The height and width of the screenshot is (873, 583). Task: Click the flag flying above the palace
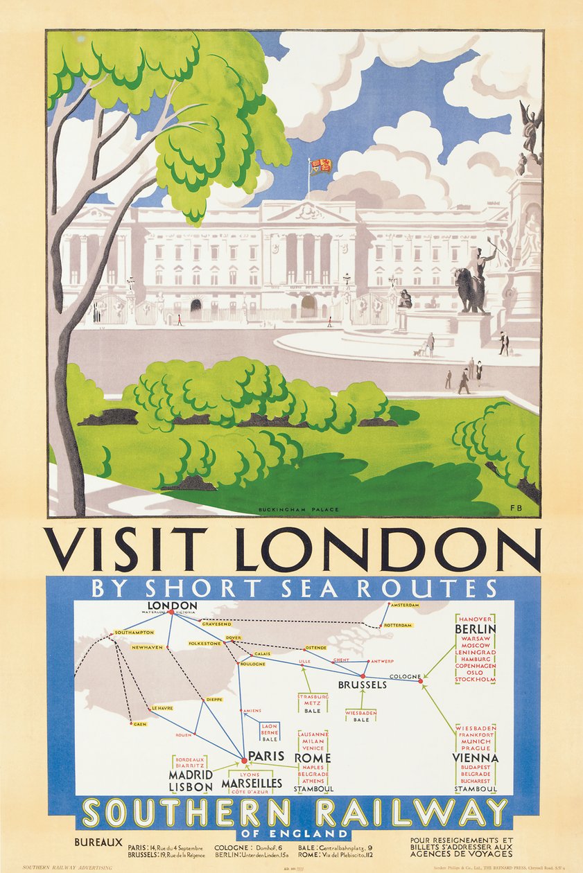point(321,166)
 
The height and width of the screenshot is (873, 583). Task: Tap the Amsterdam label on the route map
point(406,605)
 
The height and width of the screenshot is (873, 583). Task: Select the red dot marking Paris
point(244,760)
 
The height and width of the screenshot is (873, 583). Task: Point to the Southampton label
point(134,633)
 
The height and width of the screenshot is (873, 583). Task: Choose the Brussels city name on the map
point(362,685)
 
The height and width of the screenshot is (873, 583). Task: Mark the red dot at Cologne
point(420,681)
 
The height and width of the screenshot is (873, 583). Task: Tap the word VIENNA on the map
point(476,757)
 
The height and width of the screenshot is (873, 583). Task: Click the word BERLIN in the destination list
point(476,629)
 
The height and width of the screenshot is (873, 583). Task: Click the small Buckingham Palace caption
point(299,510)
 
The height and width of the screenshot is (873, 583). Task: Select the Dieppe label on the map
point(214,700)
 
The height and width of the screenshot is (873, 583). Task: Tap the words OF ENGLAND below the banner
point(292,834)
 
